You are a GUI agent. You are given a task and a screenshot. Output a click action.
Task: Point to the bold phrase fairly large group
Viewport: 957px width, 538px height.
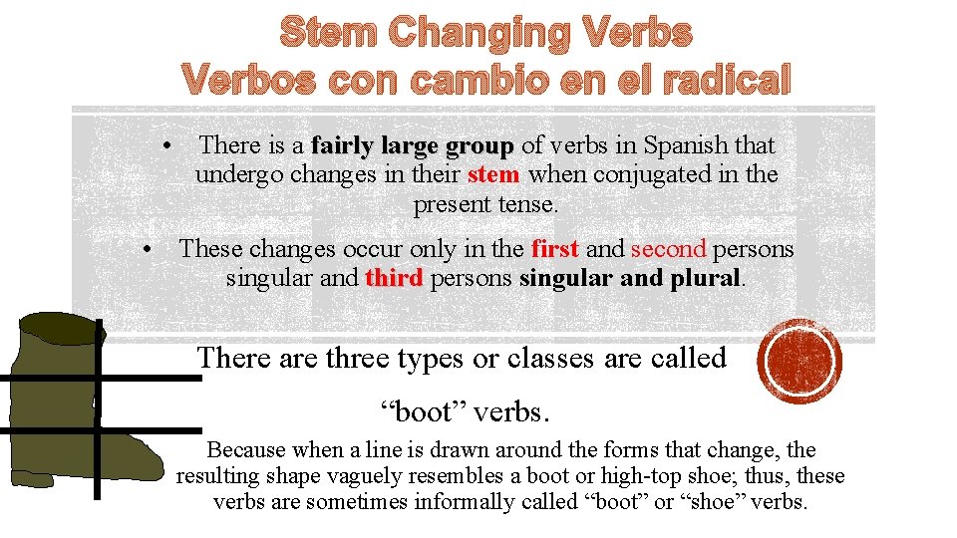[412, 146]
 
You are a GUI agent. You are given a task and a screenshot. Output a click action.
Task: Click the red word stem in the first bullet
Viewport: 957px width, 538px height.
[492, 175]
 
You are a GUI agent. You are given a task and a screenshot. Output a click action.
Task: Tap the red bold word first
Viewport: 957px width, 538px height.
[555, 249]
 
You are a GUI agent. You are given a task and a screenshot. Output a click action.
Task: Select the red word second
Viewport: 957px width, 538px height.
[668, 249]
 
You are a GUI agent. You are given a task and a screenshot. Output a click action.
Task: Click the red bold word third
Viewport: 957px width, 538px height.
[394, 278]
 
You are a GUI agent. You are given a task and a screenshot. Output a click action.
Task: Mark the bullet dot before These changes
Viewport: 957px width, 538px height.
[147, 249]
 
